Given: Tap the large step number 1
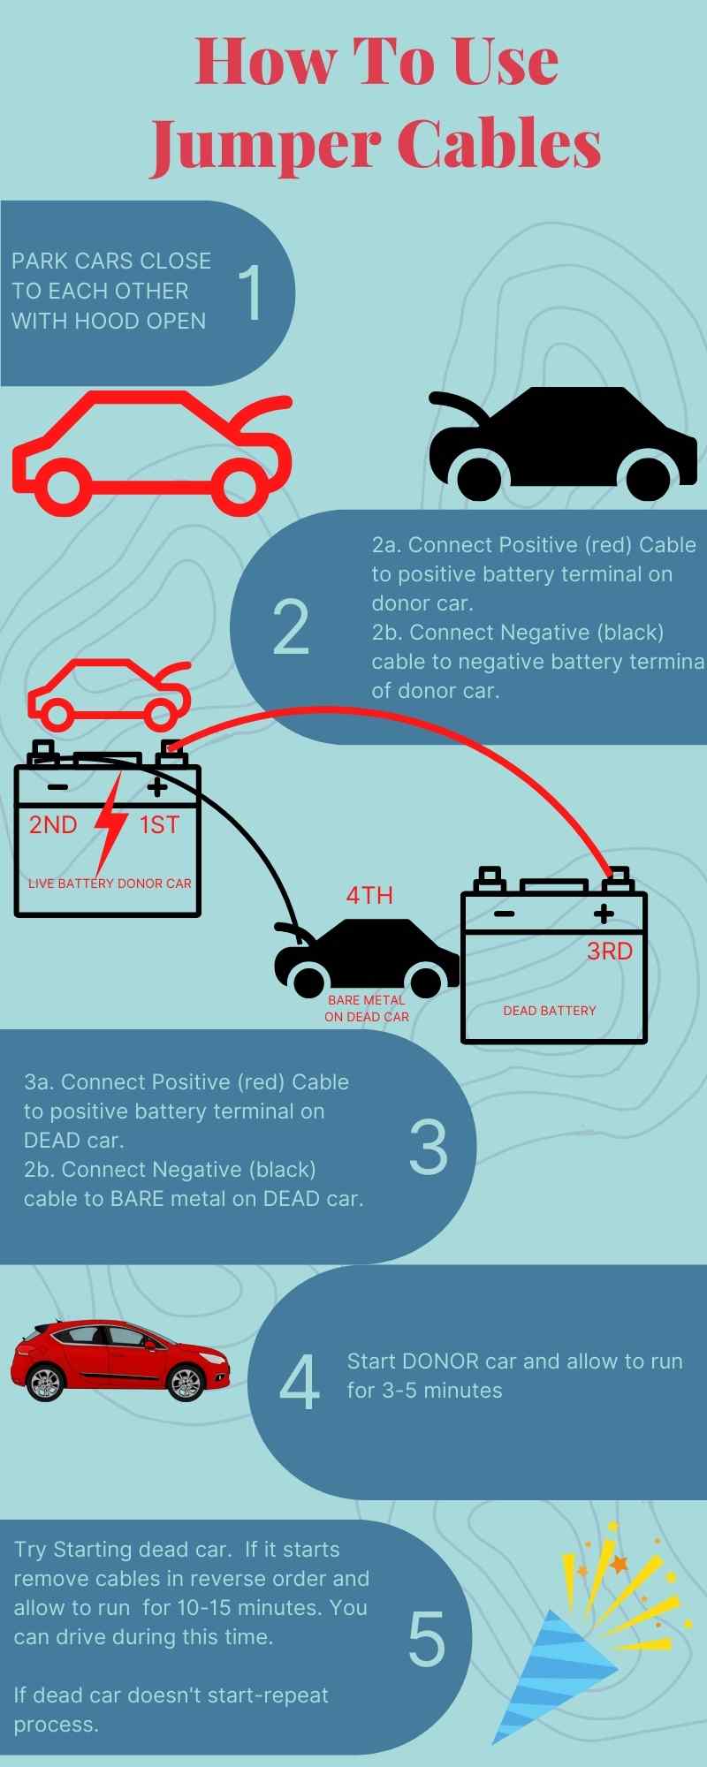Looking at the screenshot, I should click(x=251, y=292).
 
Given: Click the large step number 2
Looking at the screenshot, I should click(x=291, y=626).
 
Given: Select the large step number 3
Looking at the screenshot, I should click(x=429, y=1147).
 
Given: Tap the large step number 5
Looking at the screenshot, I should click(x=427, y=1639).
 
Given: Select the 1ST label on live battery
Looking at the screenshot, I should click(x=160, y=825).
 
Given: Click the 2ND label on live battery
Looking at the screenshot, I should click(x=53, y=825).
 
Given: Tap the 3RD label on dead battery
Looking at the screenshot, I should click(x=610, y=952).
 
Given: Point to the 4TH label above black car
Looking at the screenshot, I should click(x=369, y=895).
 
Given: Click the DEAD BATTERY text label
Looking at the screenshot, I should click(x=550, y=1011).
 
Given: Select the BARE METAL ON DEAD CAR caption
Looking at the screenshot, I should click(x=367, y=1008).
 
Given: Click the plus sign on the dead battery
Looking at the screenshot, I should click(x=604, y=914).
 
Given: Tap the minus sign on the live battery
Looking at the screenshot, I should click(x=57, y=787).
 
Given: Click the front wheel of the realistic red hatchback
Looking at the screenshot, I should click(x=186, y=1383).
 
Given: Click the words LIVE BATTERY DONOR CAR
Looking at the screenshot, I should click(x=110, y=883).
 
